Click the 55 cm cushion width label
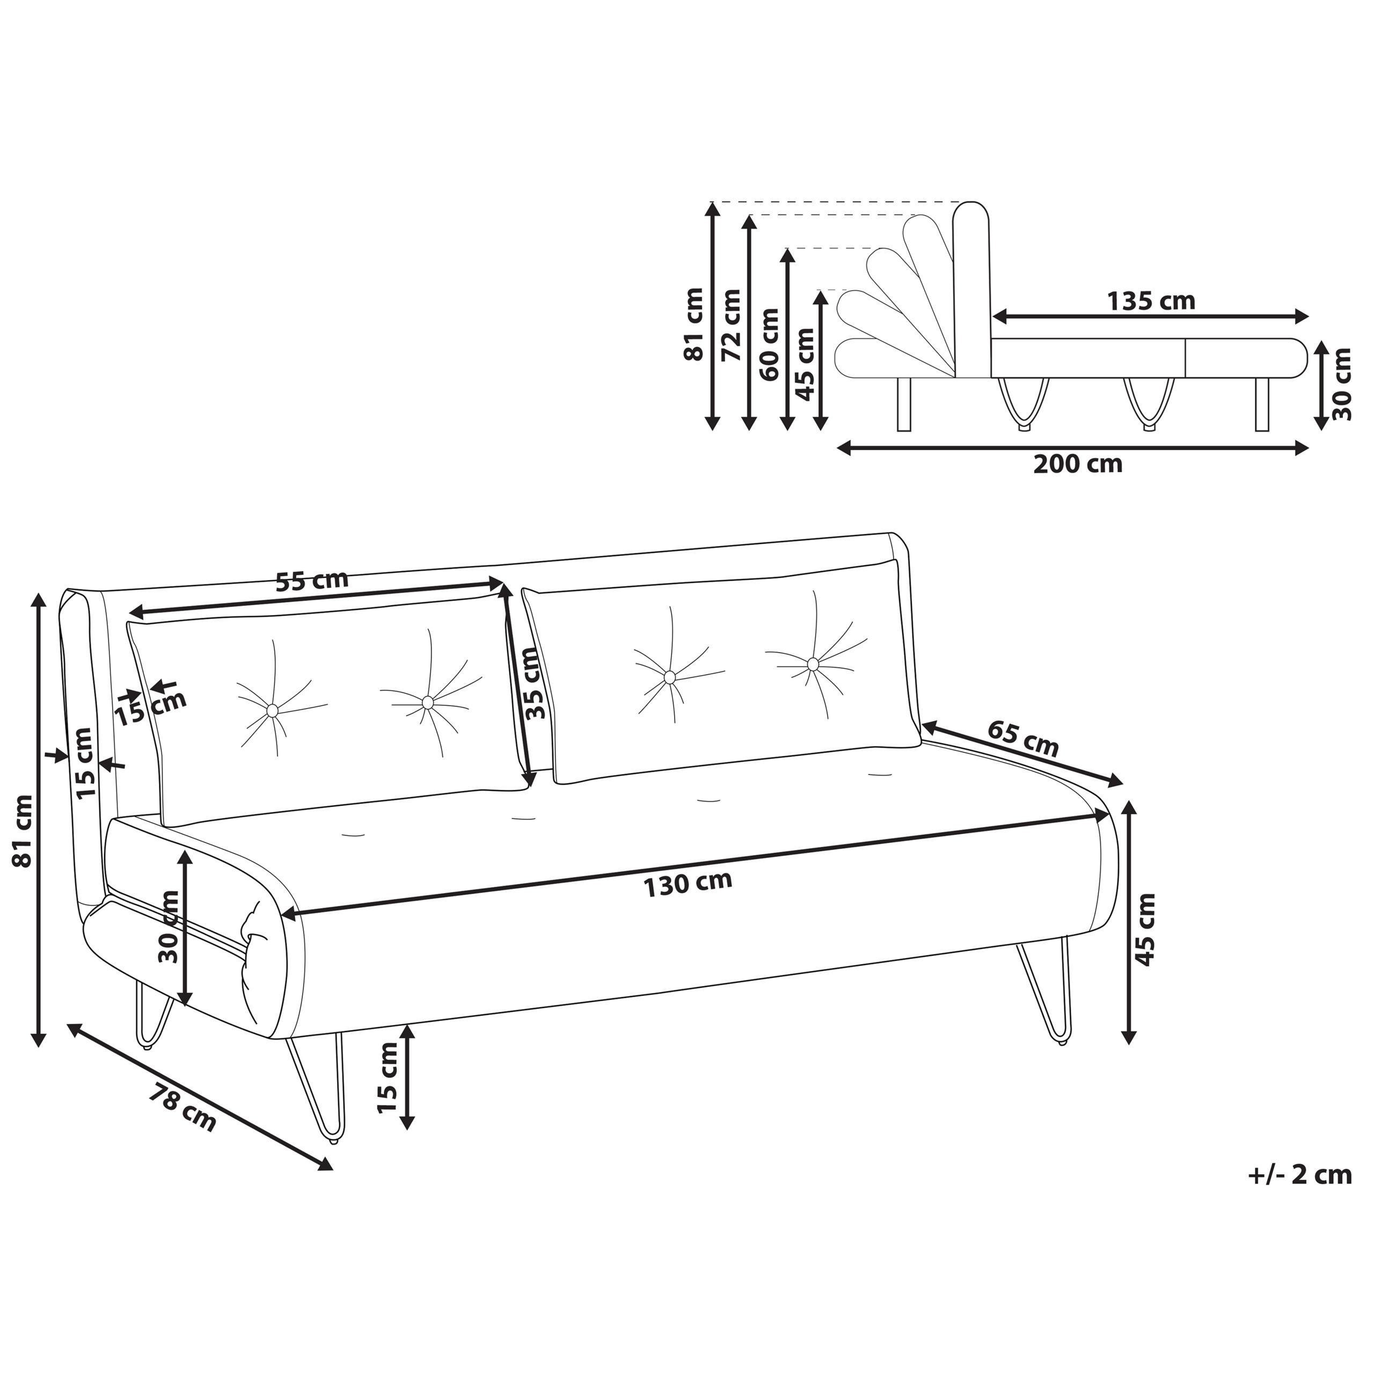pyautogui.click(x=312, y=580)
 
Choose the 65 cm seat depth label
pyautogui.click(x=1022, y=738)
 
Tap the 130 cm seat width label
pyautogui.click(x=688, y=884)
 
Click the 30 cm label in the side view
pyautogui.click(x=1341, y=384)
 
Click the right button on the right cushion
pyautogui.click(x=813, y=663)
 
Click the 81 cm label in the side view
pyautogui.click(x=693, y=324)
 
